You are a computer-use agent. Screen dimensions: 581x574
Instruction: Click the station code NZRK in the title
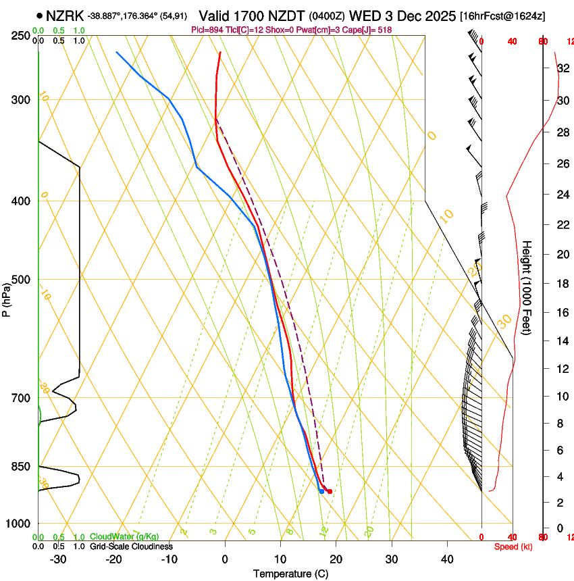point(65,15)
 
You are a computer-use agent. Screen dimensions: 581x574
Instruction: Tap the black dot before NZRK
point(41,16)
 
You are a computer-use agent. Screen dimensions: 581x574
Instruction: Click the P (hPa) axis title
point(6,298)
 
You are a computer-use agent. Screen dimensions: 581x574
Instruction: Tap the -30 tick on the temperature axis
point(58,559)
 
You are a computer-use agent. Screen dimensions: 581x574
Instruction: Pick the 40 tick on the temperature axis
point(446,559)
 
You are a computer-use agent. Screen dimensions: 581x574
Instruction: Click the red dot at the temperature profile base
point(330,491)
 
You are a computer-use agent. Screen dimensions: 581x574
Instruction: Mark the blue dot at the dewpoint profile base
point(321,491)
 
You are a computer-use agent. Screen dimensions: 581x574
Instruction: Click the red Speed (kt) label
point(513,547)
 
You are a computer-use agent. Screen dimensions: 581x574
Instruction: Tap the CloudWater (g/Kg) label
point(125,536)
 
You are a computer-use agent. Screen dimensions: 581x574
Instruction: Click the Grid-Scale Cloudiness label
point(131,546)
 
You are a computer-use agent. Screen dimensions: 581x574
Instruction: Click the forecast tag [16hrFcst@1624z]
point(502,16)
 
